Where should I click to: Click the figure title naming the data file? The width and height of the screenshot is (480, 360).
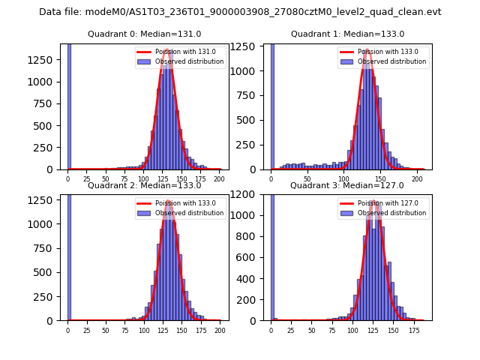tap(240, 12)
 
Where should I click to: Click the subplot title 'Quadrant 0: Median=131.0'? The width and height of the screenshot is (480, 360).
tap(144, 34)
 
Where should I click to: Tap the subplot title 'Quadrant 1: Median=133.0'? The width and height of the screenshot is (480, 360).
tap(347, 34)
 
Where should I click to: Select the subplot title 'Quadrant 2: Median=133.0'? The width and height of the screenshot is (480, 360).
tap(144, 185)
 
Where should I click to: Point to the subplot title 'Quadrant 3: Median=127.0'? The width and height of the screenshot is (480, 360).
tap(347, 185)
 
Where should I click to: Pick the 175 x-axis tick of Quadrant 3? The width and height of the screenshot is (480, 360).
tap(413, 330)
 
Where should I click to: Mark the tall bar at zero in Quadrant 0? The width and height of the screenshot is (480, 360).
tap(69, 105)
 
